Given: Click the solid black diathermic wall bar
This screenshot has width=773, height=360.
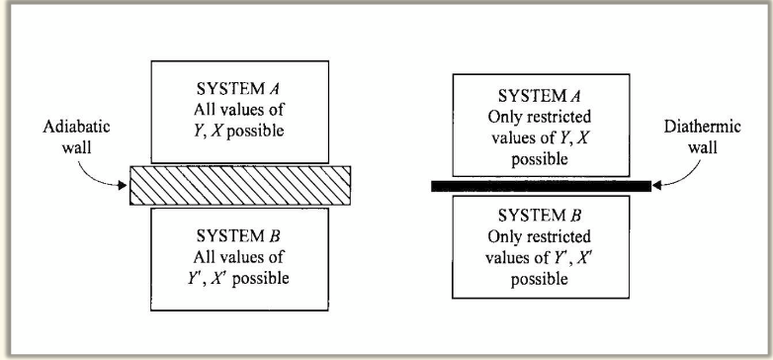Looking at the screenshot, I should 541,185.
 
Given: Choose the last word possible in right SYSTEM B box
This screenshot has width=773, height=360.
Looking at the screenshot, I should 540,279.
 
